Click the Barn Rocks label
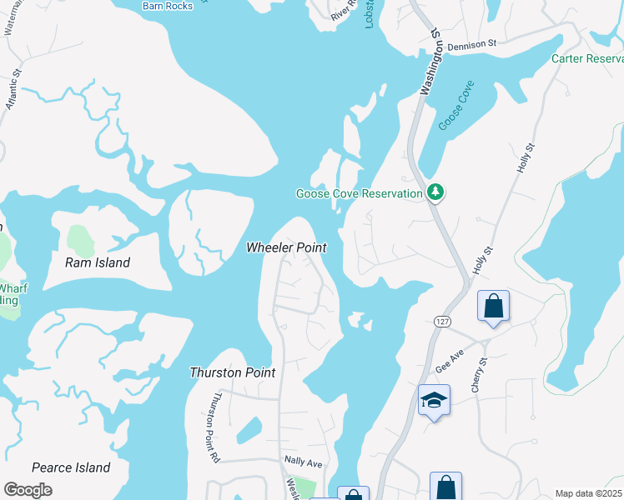pos(168,6)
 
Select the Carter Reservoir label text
pos(587,59)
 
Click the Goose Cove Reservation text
pos(360,194)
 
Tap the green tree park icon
pos(435,192)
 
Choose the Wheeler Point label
pos(286,247)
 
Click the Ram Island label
pos(98,262)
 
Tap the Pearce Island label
pos(71,467)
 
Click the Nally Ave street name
pos(304,462)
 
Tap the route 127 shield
pos(442,321)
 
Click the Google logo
pos(28,490)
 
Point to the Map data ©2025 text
pos(589,493)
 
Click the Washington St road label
pos(430,62)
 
